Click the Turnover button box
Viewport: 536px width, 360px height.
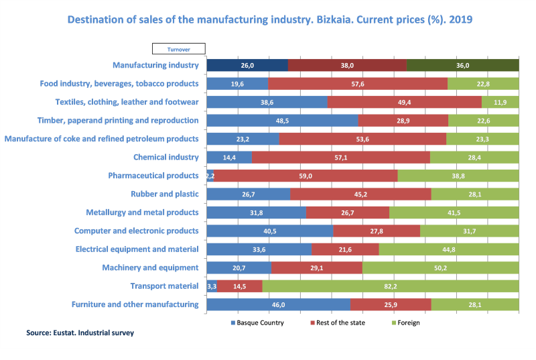point(179,49)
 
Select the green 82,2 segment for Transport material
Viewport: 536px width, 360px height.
point(391,286)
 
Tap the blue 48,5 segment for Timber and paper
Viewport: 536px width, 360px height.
point(282,121)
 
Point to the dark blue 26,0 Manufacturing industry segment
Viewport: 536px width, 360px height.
point(247,66)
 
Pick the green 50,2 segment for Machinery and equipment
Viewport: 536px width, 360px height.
point(441,267)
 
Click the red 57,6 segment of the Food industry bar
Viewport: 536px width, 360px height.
point(358,84)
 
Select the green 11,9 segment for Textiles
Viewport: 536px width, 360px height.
point(500,103)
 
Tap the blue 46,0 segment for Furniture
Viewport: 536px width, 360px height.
point(279,304)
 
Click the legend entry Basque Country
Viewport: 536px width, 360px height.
point(257,322)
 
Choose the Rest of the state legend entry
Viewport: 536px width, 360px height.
point(338,322)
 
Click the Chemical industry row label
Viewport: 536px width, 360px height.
point(166,158)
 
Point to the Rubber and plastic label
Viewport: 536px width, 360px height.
point(165,194)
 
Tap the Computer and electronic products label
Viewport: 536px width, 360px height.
point(136,231)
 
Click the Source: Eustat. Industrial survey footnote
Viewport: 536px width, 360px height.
point(80,333)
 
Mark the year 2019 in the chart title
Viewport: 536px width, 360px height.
point(461,19)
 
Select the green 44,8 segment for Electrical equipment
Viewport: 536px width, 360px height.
point(449,249)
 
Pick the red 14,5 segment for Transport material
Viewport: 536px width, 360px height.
point(239,286)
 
